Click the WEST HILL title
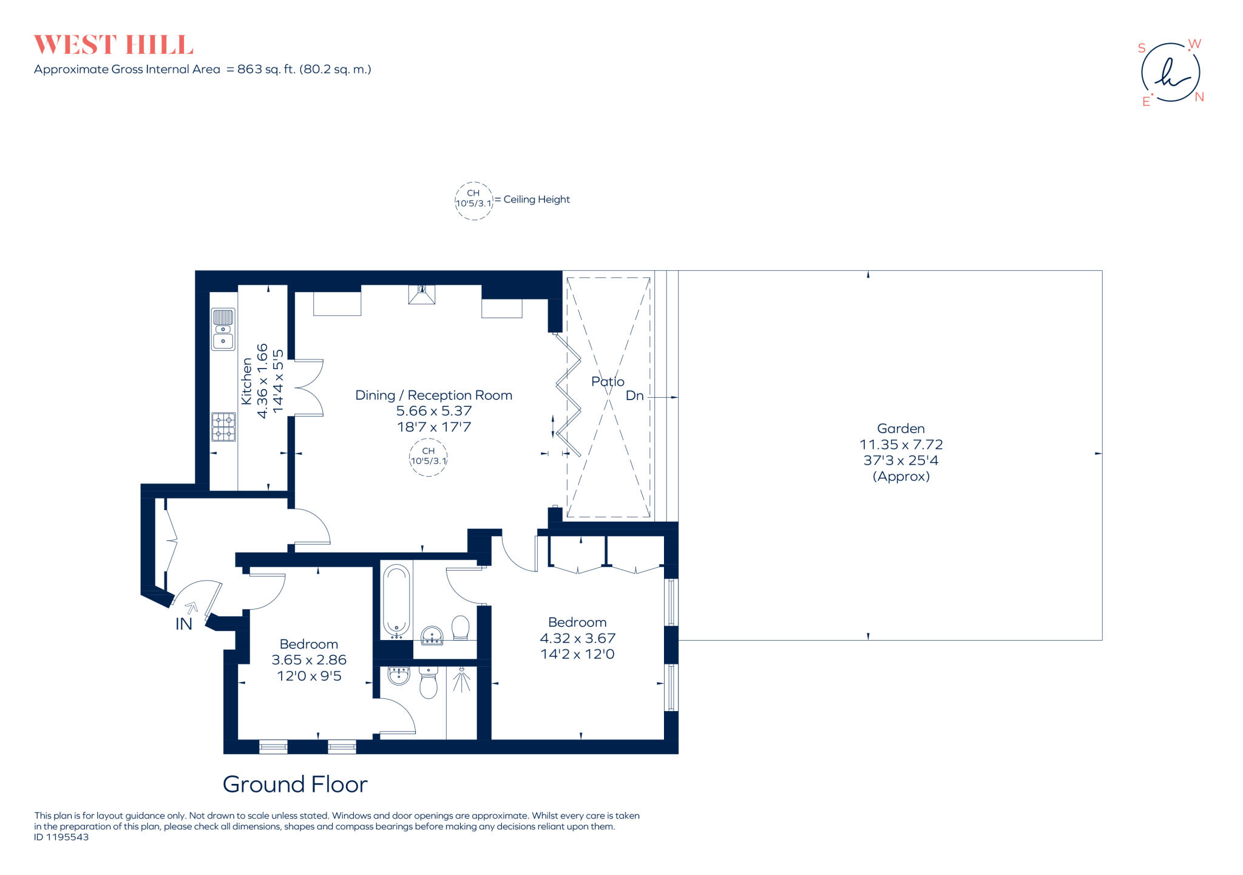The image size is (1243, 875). point(113,45)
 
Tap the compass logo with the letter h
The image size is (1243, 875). point(1171,72)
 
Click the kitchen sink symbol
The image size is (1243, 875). point(223,329)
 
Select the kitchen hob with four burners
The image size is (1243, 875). point(223,427)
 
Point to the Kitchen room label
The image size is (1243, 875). point(246,381)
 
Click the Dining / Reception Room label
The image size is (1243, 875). point(433,395)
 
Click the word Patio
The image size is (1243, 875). point(608,381)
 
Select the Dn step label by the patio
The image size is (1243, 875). point(634,396)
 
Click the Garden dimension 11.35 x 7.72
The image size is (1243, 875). point(901,444)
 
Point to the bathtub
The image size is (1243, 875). point(396,600)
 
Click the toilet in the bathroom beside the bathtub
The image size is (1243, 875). point(461,628)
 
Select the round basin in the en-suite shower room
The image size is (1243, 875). point(399,675)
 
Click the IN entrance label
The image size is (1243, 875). point(183,624)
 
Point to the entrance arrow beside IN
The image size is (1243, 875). point(192,607)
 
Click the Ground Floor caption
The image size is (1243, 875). point(295,785)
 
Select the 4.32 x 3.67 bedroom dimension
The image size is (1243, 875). point(578,638)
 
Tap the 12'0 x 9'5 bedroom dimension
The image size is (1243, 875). point(309,676)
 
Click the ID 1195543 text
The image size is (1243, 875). point(61,837)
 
